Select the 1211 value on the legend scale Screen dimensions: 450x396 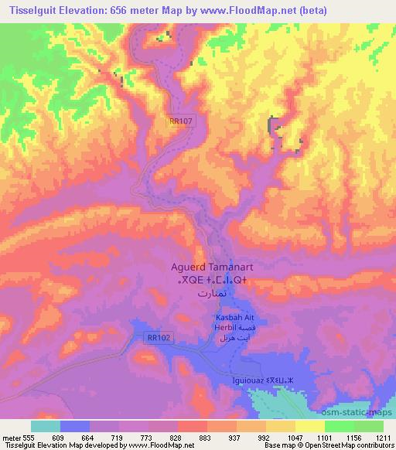(384, 437)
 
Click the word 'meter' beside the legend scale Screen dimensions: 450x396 (11, 437)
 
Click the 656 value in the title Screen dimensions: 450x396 (118, 10)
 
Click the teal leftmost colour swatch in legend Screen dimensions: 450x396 (46, 426)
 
